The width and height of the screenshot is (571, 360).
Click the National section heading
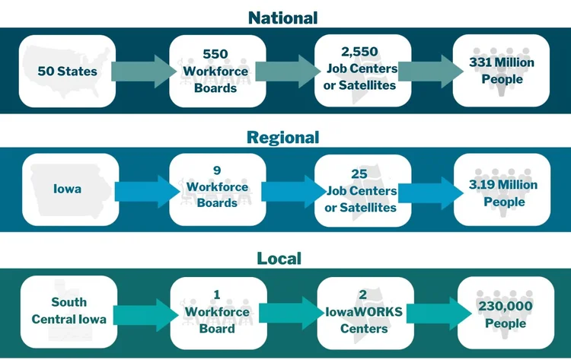pos(282,17)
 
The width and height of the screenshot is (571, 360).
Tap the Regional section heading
pos(282,137)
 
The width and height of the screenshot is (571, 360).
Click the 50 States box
pos(68,71)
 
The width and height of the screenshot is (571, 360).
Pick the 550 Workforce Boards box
pos(215,71)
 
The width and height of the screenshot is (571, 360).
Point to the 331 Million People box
pos(502,71)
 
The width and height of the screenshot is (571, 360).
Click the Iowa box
pos(68,190)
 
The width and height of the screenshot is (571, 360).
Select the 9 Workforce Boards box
pos(215,190)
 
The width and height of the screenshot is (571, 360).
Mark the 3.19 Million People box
pos(502,190)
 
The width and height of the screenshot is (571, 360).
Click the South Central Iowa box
pos(68,311)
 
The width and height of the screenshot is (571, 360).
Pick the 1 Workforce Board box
pos(215,311)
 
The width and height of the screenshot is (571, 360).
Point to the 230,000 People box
pos(502,311)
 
